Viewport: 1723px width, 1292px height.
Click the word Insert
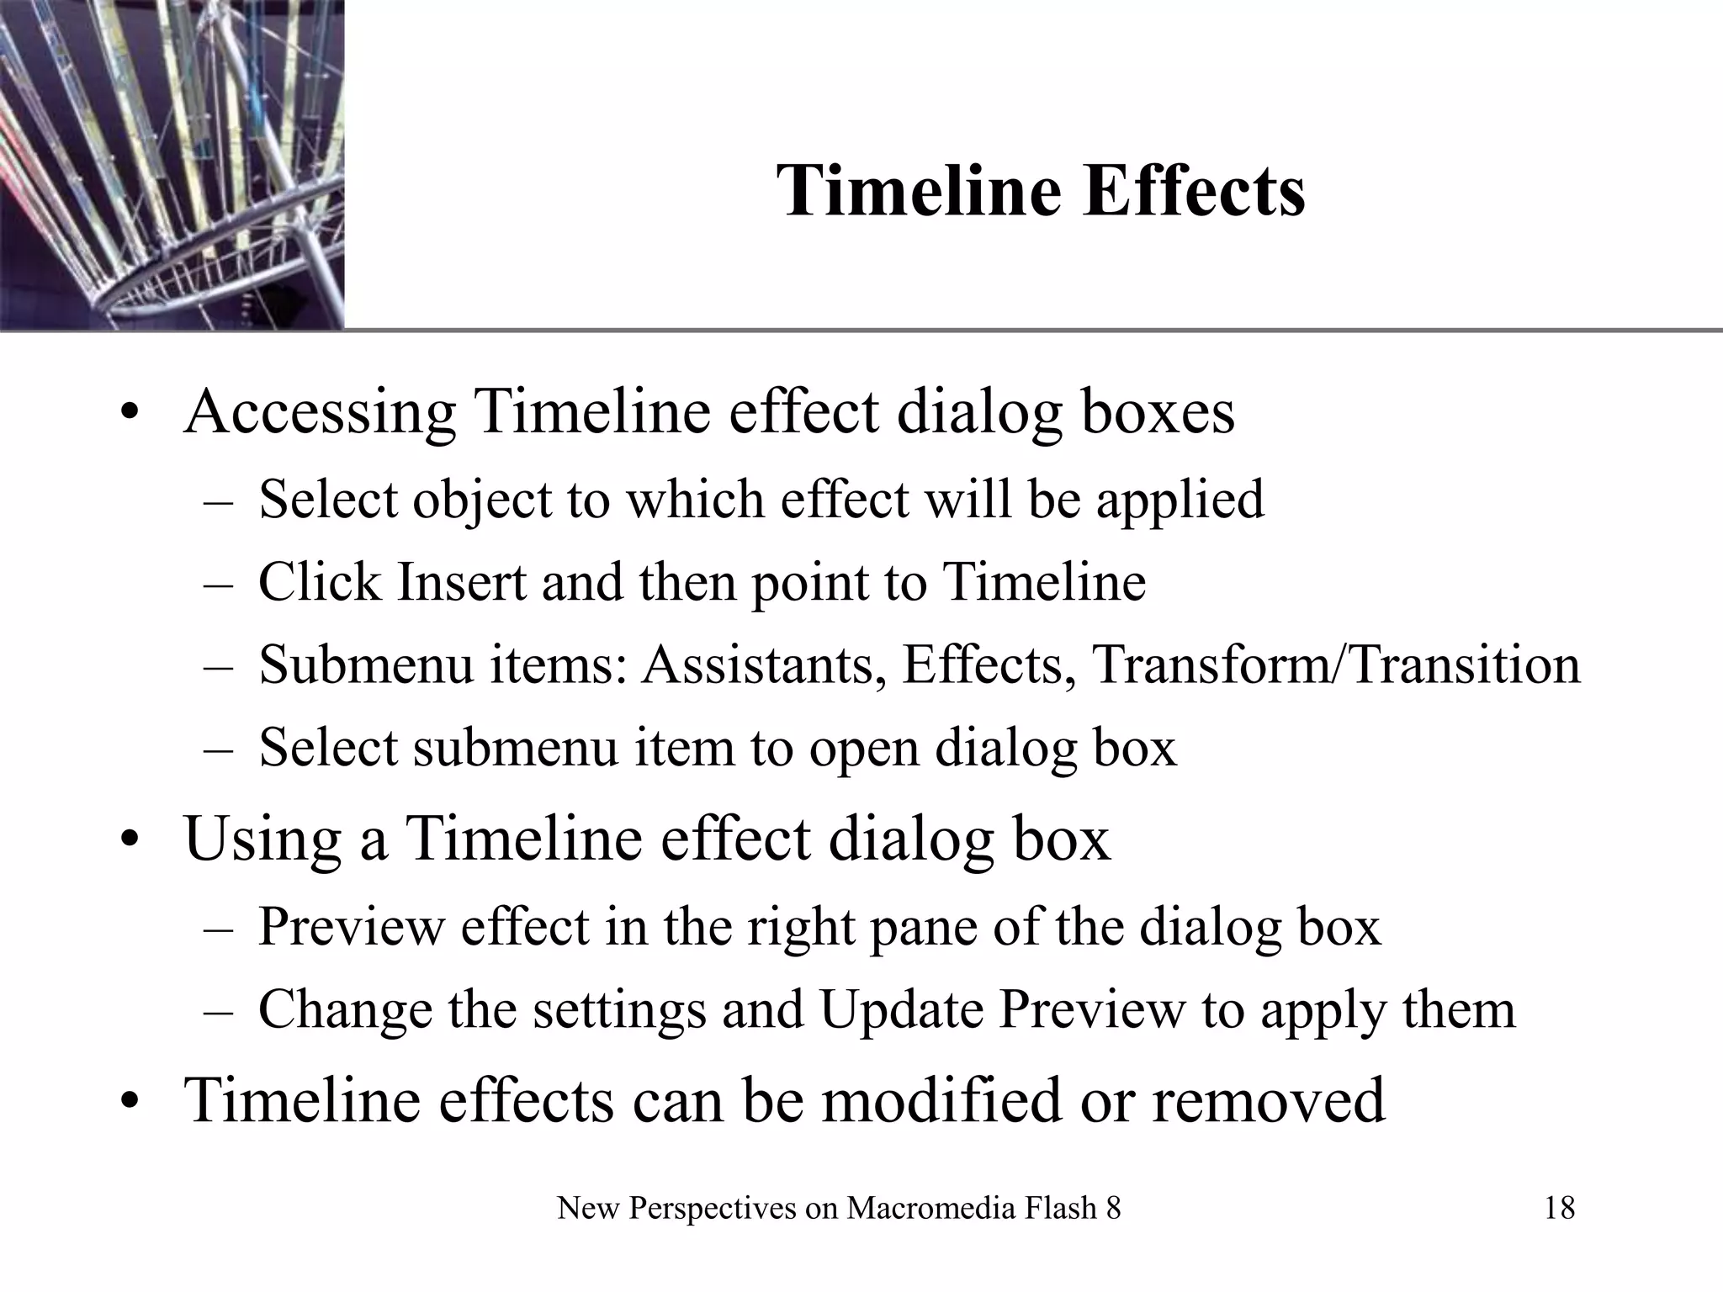461,582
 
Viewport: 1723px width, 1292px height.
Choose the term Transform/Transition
1336,665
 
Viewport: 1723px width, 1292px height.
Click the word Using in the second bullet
262,839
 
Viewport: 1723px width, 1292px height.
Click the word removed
1267,1100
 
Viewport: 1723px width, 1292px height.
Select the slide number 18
1559,1209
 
